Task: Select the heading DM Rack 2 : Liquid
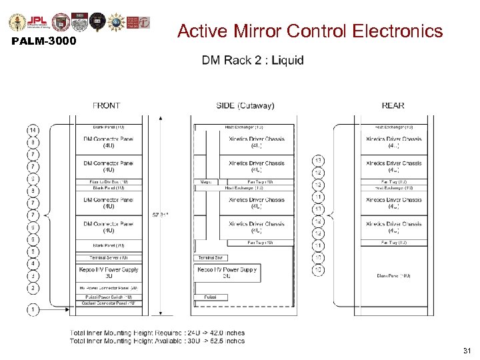pos(253,60)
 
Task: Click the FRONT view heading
pos(107,105)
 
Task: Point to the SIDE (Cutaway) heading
pos(245,105)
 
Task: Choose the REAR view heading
pos(393,105)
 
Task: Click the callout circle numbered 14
pos(33,129)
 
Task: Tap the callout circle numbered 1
pos(33,309)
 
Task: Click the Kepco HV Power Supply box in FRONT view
pos(108,272)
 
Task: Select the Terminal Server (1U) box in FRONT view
pos(108,257)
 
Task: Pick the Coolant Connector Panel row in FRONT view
pos(108,303)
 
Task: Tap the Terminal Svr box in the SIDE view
pos(211,257)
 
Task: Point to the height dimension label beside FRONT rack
pos(160,215)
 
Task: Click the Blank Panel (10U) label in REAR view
pos(393,275)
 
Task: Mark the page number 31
pos(467,351)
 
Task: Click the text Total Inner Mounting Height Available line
pos(157,341)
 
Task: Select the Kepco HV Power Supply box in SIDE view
pos(227,273)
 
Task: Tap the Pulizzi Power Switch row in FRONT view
pos(108,297)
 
